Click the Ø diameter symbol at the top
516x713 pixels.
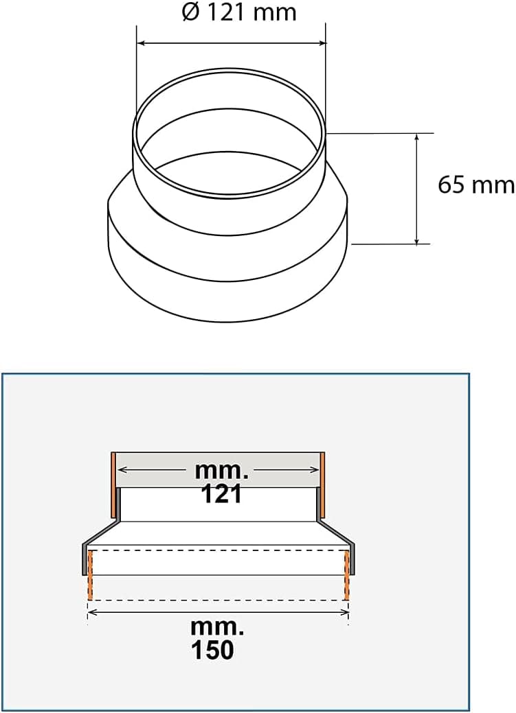pyautogui.click(x=191, y=12)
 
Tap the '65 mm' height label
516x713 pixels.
pyautogui.click(x=476, y=185)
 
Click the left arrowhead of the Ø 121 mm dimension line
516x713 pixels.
pyautogui.click(x=141, y=43)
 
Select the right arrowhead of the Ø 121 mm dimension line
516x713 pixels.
pyautogui.click(x=322, y=43)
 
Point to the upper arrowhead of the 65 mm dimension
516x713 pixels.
pyautogui.click(x=416, y=137)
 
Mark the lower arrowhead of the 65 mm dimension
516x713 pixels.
pyautogui.click(x=416, y=240)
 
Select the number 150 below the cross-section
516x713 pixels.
pyautogui.click(x=213, y=649)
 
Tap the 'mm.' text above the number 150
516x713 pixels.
pyautogui.click(x=218, y=627)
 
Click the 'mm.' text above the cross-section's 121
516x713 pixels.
pyautogui.click(x=221, y=471)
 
